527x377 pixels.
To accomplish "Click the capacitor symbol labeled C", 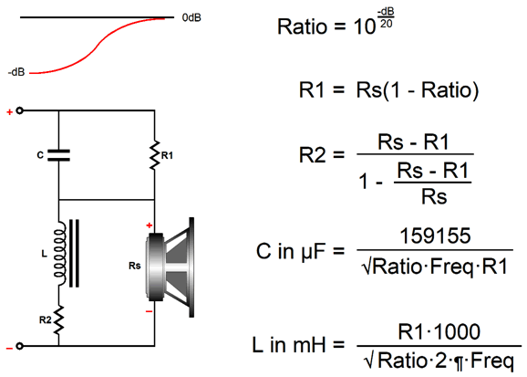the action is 59,155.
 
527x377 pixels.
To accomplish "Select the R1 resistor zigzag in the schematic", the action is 155,155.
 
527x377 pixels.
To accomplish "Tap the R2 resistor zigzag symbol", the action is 59,319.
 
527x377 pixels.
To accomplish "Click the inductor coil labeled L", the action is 60,254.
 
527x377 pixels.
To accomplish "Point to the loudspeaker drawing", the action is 170,267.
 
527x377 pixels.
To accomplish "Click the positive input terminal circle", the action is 20,110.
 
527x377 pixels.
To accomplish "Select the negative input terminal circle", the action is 20,346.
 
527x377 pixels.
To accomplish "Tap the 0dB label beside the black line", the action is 191,17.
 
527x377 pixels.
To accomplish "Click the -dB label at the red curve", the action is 16,72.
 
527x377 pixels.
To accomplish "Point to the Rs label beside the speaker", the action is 134,266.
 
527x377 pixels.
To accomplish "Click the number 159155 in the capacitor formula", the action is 435,236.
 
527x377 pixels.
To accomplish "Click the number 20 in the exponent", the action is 387,24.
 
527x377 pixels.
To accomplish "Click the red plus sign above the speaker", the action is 150,225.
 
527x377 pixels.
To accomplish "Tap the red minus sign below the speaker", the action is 149,311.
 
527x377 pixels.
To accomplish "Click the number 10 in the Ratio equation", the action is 365,27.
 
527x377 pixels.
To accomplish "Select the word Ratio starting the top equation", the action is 302,26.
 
